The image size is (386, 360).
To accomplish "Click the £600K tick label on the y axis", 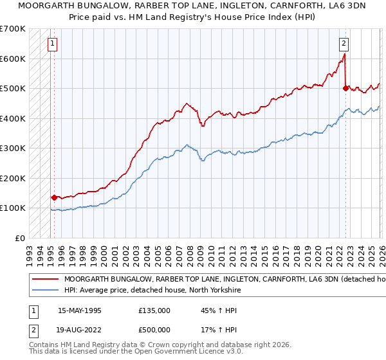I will pos(12,59).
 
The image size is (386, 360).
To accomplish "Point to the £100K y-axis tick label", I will pos(12,208).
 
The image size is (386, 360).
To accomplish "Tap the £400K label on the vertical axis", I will pos(12,118).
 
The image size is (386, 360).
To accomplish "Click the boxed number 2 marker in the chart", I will pos(344,44).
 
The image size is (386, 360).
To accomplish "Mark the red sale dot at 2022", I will pos(346,89).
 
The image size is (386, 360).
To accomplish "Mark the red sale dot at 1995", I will pos(54,197).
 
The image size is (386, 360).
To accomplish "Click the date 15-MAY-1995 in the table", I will pos(80,310).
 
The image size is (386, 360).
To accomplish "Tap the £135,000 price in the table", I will pos(154,310).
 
